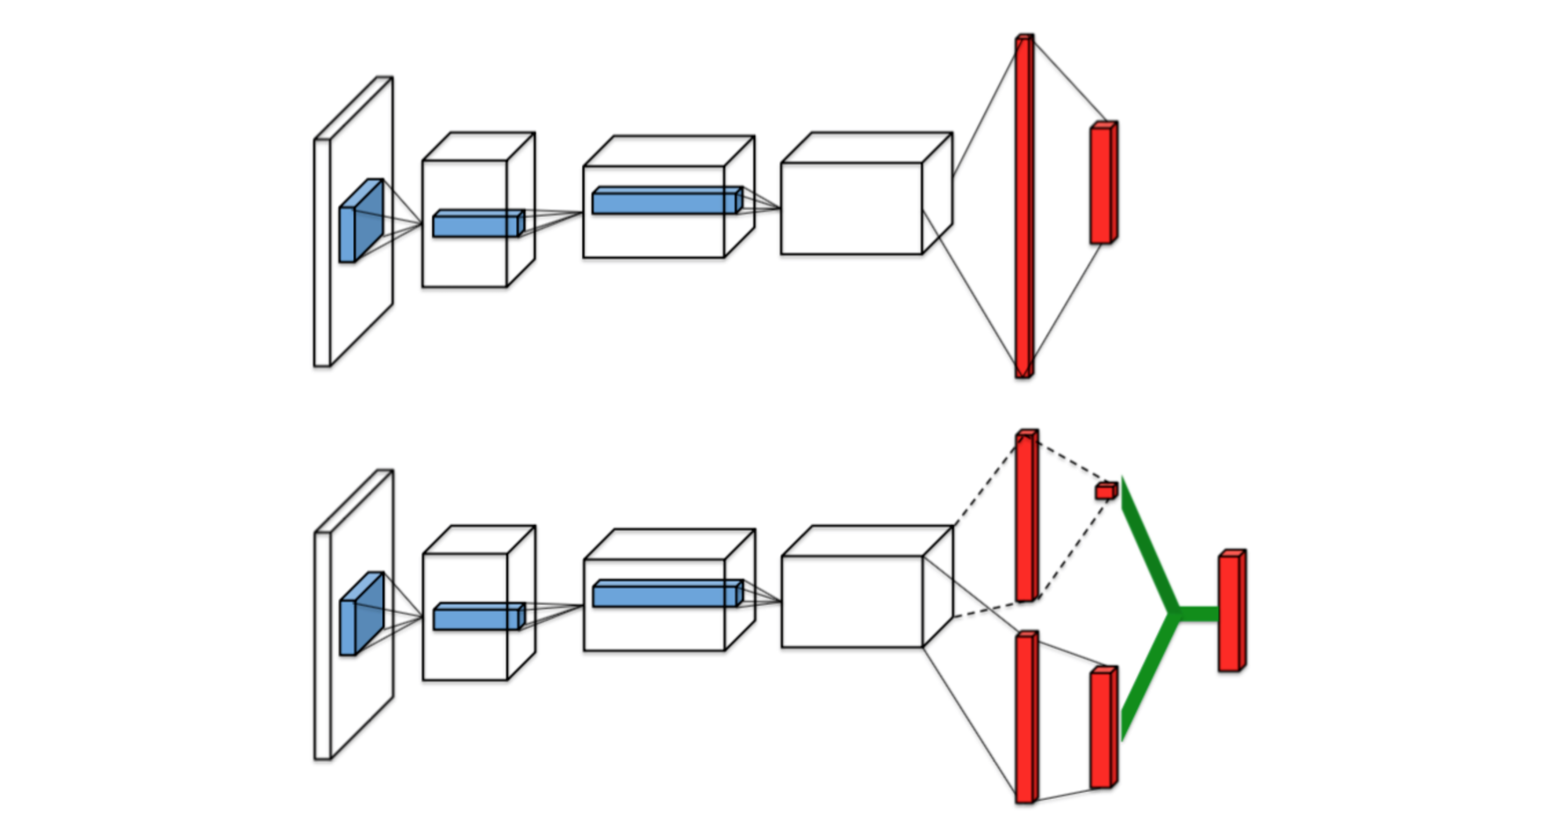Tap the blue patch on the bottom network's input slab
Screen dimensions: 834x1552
coord(361,614)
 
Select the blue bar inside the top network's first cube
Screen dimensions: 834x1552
coord(478,224)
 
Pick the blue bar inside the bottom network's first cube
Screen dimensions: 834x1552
coord(478,617)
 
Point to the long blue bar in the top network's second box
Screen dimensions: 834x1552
coord(665,201)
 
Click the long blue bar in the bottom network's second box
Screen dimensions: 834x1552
coord(665,594)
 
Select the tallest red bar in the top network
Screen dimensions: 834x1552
coord(1024,206)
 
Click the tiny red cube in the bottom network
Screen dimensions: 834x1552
coord(1105,491)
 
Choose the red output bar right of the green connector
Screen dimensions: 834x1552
coord(1231,611)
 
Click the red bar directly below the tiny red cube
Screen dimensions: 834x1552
coord(1103,729)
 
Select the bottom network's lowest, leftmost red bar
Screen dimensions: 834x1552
coord(1025,717)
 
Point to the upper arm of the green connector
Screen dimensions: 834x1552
coord(1148,544)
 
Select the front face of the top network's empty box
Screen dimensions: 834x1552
coord(851,209)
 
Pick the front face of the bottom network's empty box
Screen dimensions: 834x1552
coord(851,602)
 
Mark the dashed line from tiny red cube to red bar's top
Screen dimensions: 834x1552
coord(1067,462)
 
